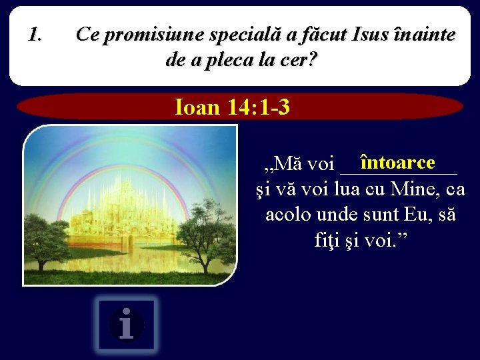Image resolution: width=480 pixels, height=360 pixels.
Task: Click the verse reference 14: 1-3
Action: click(x=257, y=107)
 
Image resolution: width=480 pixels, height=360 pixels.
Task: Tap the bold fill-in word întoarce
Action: click(x=397, y=162)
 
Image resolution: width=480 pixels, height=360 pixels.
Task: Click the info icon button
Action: click(x=127, y=325)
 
